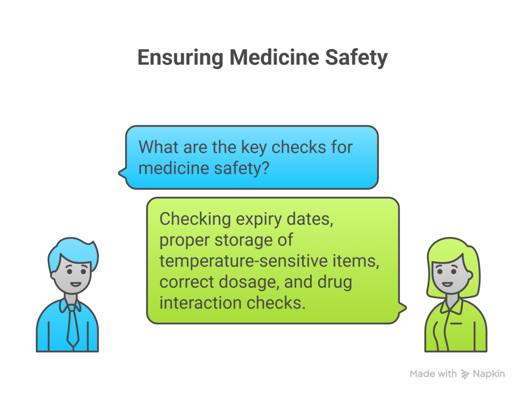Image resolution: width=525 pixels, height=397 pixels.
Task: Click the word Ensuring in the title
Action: click(180, 57)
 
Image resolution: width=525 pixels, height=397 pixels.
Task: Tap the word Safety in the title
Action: click(356, 57)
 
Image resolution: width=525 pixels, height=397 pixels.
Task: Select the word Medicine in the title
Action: click(274, 57)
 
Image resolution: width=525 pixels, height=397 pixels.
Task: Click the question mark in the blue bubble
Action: click(265, 168)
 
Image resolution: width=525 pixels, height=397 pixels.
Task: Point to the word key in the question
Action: click(254, 148)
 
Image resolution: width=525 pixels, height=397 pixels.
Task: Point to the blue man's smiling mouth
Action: click(75, 284)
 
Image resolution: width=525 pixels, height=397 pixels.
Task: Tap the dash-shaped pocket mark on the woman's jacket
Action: click(456, 323)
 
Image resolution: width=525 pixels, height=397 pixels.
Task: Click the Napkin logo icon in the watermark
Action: click(465, 374)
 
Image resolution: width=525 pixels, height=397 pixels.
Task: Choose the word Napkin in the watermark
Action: click(489, 374)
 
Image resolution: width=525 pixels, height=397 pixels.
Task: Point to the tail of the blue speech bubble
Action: click(123, 173)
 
